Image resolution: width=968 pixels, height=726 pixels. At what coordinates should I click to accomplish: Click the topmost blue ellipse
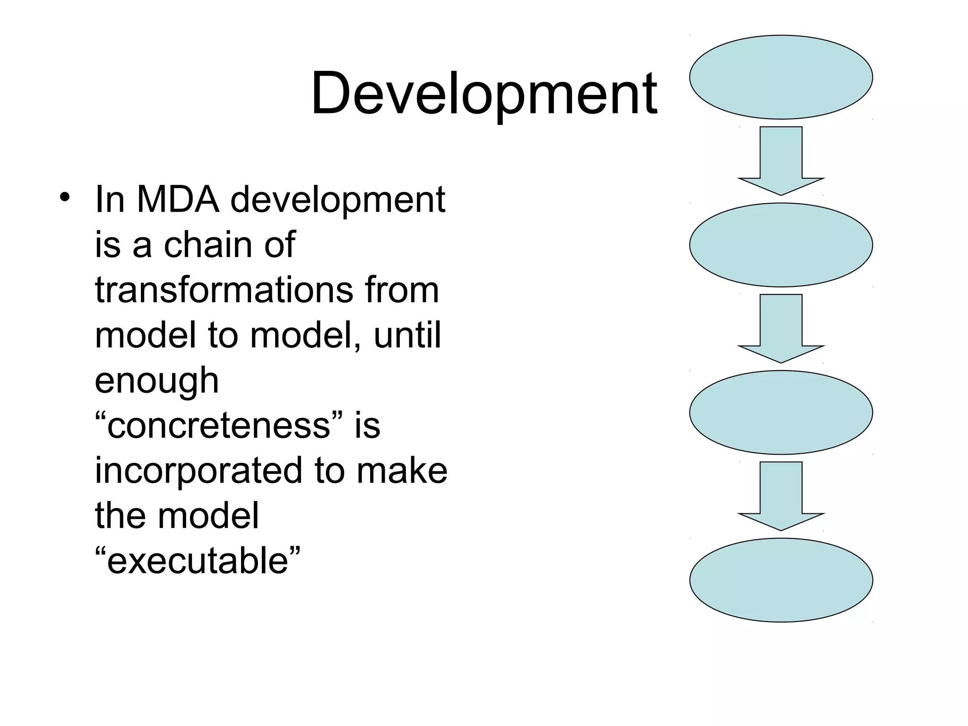[x=781, y=77]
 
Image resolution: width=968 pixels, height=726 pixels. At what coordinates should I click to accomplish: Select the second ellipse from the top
[x=781, y=245]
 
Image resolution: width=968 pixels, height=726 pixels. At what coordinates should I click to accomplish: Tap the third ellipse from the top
[x=781, y=412]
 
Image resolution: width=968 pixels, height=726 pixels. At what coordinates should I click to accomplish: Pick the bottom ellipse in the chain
[x=781, y=580]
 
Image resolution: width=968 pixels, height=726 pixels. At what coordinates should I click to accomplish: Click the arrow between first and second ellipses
[x=781, y=160]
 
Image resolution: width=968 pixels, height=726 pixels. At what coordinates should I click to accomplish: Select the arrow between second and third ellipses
[x=781, y=328]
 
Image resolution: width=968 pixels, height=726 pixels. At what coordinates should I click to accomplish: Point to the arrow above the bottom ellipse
[x=781, y=495]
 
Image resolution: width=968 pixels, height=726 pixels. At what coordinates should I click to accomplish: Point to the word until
[x=407, y=335]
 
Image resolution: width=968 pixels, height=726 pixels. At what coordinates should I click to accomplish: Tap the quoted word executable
[x=198, y=561]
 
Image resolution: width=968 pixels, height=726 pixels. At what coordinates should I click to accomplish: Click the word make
[x=402, y=471]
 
